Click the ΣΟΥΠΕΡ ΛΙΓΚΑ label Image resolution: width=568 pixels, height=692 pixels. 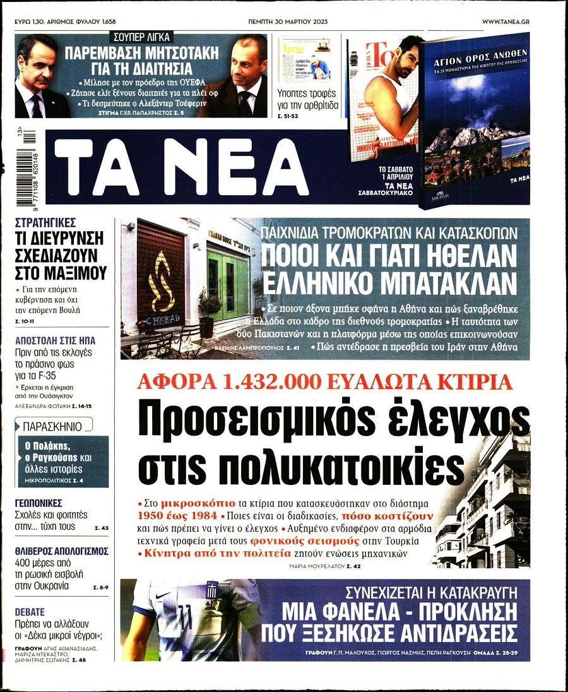140,37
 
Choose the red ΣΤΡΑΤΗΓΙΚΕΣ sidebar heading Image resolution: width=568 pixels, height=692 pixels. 45,222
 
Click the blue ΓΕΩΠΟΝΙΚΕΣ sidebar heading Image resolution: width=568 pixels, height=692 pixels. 38,503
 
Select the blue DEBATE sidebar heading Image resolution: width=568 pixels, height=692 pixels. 30,612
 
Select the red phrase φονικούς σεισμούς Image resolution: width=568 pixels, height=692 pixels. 326,541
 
